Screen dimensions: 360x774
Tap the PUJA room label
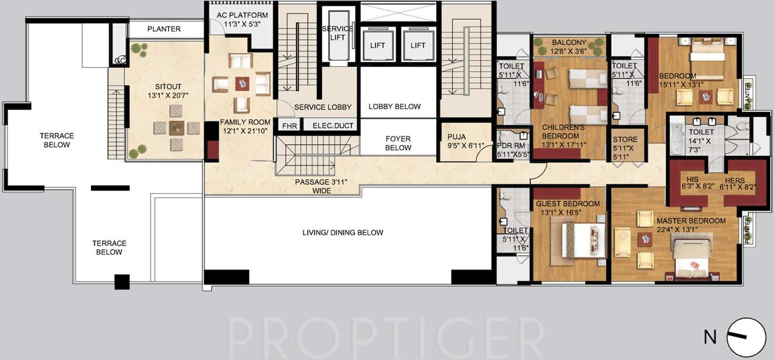click(457, 137)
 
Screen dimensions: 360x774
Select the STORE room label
click(625, 139)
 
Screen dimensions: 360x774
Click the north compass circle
click(746, 337)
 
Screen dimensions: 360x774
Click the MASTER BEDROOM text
click(691, 221)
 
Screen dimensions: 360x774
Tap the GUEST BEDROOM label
click(567, 203)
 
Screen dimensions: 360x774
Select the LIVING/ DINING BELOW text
click(342, 232)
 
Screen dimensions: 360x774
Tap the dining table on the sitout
click(176, 128)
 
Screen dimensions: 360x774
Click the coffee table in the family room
click(242, 83)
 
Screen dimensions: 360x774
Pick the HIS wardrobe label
click(692, 180)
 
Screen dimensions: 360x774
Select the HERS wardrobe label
click(735, 180)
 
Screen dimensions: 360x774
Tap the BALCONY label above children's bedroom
click(569, 42)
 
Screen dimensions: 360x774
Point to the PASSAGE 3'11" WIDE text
click(320, 182)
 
